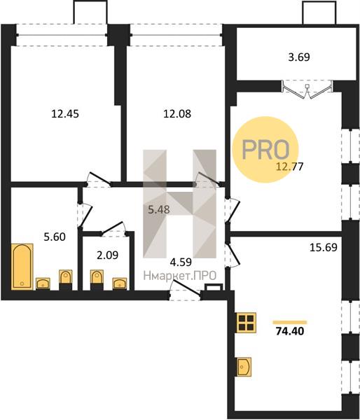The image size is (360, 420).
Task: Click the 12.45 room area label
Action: click(x=65, y=114)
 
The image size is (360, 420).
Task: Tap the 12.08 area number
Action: click(x=177, y=114)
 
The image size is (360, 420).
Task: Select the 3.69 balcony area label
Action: click(x=299, y=57)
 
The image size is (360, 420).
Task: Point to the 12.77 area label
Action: click(x=290, y=167)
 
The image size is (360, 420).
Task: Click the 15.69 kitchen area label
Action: click(x=324, y=247)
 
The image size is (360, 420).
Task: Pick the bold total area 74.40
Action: click(x=290, y=331)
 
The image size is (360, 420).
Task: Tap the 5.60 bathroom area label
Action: click(x=55, y=237)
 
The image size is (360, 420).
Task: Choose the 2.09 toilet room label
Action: click(x=107, y=255)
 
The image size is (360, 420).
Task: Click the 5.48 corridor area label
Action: click(x=159, y=209)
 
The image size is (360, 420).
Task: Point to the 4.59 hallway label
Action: click(x=181, y=262)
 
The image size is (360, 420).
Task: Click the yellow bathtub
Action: click(x=22, y=267)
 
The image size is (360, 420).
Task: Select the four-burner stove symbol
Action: click(x=246, y=323)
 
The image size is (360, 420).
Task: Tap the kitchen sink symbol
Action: click(x=244, y=367)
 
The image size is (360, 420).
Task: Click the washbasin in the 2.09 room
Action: click(x=120, y=283)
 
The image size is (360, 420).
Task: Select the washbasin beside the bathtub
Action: click(x=43, y=283)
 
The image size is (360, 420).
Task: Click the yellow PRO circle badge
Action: click(x=265, y=150)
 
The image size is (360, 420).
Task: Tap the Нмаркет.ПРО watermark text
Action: click(x=180, y=276)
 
